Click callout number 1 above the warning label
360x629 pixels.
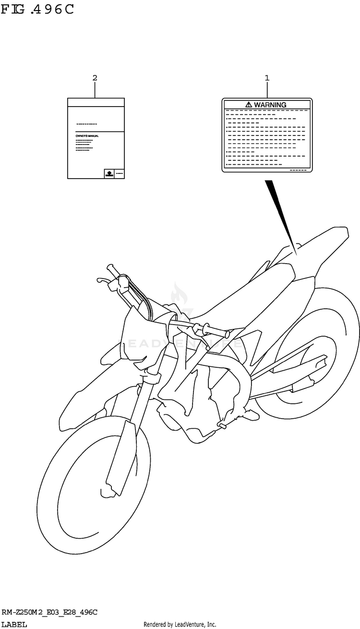click(x=267, y=77)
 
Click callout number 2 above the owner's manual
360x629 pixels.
click(x=95, y=77)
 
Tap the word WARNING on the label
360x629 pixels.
click(x=270, y=105)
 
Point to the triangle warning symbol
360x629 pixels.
click(x=248, y=105)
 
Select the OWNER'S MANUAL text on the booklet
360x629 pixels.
click(x=87, y=136)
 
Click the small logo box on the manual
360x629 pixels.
click(x=109, y=173)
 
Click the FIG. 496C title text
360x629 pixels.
click(x=37, y=10)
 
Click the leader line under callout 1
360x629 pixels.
click(x=267, y=90)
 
